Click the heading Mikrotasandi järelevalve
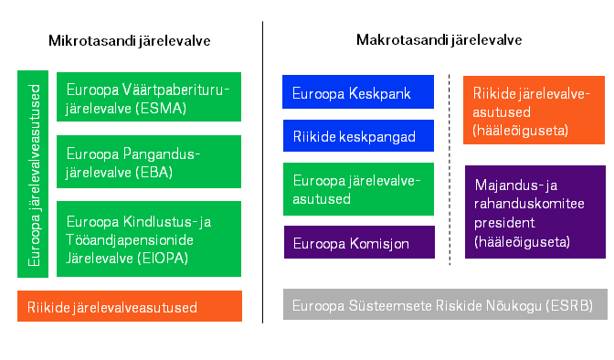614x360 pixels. point(129,41)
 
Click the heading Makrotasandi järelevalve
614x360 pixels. point(439,40)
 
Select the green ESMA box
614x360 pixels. point(149,97)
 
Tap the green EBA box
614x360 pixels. point(149,162)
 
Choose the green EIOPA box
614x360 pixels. point(149,239)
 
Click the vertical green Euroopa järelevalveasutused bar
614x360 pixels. point(33,174)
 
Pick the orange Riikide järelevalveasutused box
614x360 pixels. point(130,306)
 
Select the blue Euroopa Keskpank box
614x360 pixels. point(358,91)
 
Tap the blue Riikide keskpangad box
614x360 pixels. point(358,135)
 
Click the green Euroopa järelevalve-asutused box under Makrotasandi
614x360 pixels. point(358,189)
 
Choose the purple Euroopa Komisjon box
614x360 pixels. point(359,242)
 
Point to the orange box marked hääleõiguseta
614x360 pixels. point(534,110)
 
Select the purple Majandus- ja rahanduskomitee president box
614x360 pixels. point(535,212)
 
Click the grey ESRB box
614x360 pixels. point(445,304)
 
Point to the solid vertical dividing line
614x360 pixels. point(263,173)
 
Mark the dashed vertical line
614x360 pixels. point(450,170)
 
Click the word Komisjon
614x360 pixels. point(379,244)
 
